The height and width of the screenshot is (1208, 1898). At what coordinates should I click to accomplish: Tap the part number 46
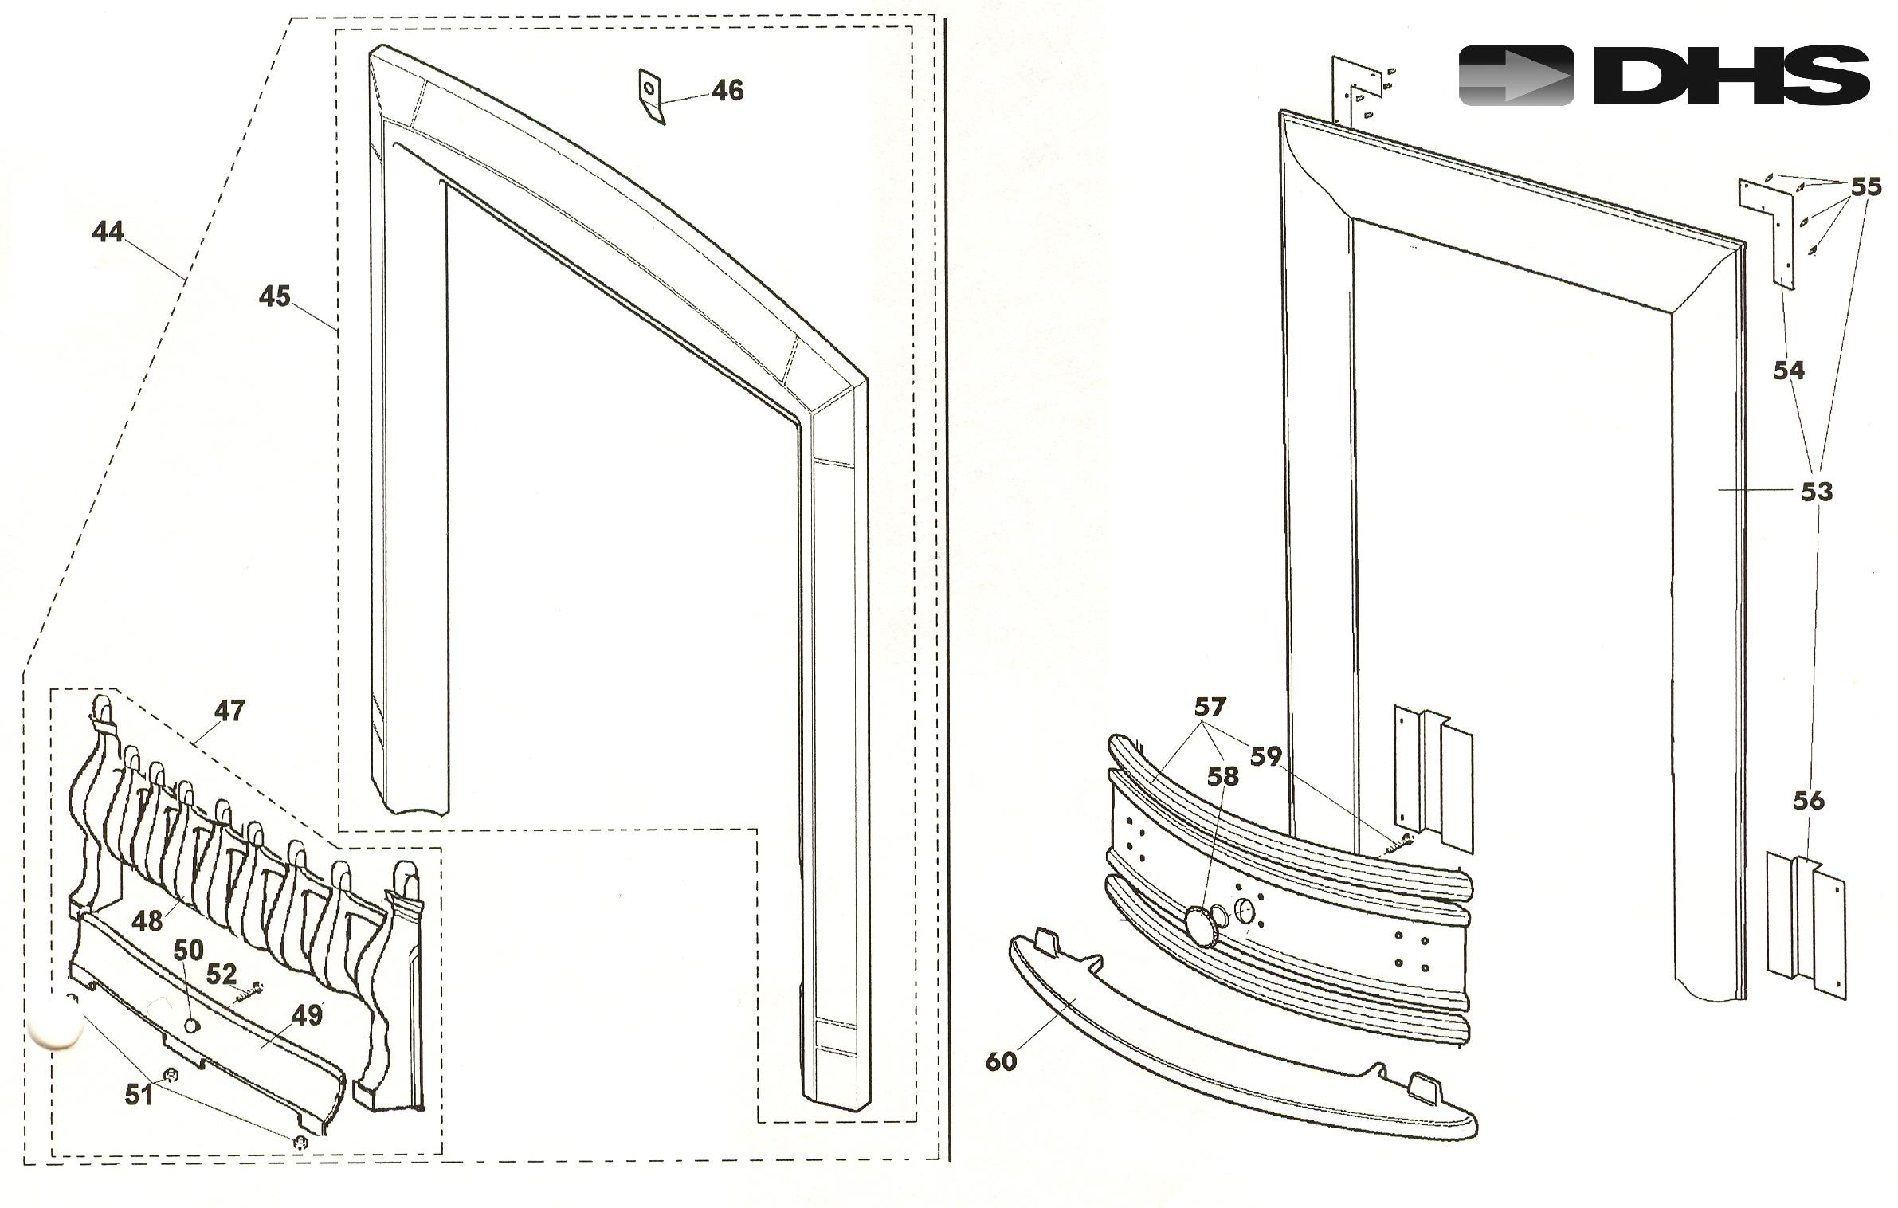click(727, 91)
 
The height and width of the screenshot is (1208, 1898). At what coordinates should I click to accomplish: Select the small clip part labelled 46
click(651, 96)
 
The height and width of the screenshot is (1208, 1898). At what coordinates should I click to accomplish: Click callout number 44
click(108, 232)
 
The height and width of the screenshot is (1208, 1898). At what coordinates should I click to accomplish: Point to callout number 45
click(275, 296)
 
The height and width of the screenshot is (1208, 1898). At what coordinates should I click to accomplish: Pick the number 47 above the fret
click(229, 710)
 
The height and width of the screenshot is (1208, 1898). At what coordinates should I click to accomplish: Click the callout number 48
click(147, 921)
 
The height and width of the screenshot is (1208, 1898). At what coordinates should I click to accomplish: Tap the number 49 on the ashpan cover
click(307, 1014)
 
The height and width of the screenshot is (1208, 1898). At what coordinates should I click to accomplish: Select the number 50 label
click(189, 950)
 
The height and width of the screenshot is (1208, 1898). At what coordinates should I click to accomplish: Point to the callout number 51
click(139, 1095)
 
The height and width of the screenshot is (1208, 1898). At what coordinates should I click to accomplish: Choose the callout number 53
click(1817, 492)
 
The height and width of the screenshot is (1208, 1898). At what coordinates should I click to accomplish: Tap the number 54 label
click(1789, 371)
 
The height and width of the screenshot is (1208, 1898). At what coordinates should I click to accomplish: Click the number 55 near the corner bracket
click(1865, 187)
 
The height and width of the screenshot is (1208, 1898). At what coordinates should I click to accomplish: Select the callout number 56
click(1809, 801)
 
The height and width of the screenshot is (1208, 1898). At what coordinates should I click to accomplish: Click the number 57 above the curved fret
click(1210, 707)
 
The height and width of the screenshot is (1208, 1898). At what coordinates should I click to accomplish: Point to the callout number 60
click(1002, 1061)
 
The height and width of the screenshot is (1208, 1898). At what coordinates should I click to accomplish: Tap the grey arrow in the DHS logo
click(1516, 76)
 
